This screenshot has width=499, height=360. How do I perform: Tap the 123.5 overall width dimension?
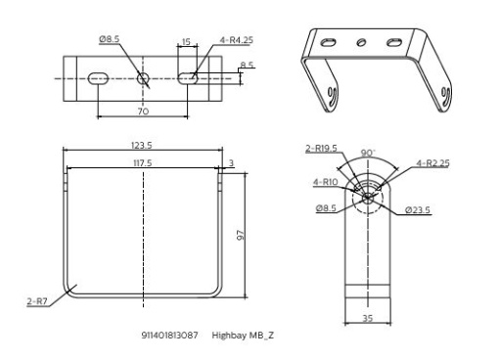142,145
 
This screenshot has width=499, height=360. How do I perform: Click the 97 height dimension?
238,236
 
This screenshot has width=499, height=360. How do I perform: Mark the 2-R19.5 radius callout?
321,149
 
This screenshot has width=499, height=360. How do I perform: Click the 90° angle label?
368,155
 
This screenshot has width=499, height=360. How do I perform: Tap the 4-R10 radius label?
326,181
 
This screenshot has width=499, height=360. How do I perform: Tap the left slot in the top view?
97,78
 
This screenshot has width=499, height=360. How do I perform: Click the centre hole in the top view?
143,78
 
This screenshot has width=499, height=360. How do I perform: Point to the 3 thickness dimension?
230,162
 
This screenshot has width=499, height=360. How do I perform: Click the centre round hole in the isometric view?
362,42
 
